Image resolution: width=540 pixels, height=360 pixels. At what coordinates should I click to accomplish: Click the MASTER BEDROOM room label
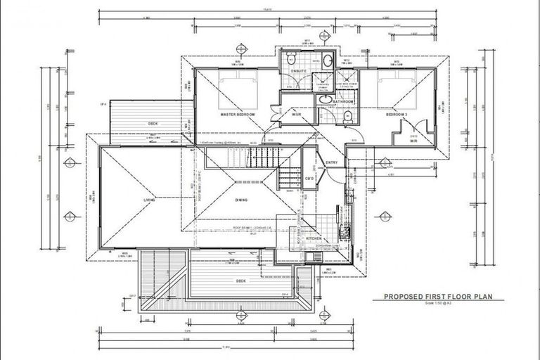(237, 114)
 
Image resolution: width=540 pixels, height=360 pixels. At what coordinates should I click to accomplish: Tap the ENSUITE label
(299, 72)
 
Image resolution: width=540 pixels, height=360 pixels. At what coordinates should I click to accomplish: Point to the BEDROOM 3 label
(396, 114)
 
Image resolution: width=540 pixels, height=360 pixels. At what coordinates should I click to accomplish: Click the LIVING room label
(149, 200)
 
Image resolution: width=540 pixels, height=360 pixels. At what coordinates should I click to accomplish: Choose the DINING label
(241, 200)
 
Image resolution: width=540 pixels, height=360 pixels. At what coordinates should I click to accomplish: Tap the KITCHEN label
(314, 239)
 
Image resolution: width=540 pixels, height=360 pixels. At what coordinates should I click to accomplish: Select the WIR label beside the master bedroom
(297, 114)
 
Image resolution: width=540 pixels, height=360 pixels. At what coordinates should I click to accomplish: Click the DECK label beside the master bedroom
(153, 124)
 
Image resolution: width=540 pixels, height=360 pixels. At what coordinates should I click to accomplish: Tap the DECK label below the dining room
(241, 281)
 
